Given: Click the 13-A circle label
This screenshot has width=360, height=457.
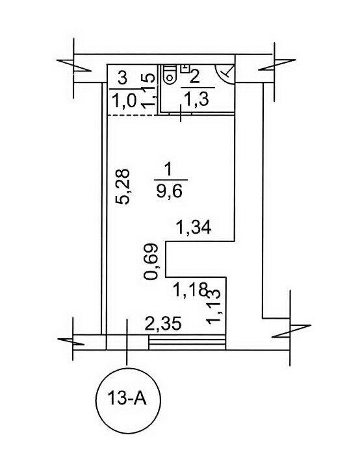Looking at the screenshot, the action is coord(129,398).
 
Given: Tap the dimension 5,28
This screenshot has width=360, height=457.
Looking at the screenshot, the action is coord(122,187).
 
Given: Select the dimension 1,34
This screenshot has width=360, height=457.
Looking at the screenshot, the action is coord(194,227).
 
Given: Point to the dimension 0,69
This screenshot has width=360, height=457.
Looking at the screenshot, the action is coord(151,262).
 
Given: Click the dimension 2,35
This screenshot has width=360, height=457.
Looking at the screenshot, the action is coord(163,323).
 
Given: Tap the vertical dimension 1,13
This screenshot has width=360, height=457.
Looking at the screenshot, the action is coord(213,306).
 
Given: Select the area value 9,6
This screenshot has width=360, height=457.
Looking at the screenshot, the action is coord(170,191).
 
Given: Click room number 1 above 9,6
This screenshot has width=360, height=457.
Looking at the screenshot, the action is coord(168,169).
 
